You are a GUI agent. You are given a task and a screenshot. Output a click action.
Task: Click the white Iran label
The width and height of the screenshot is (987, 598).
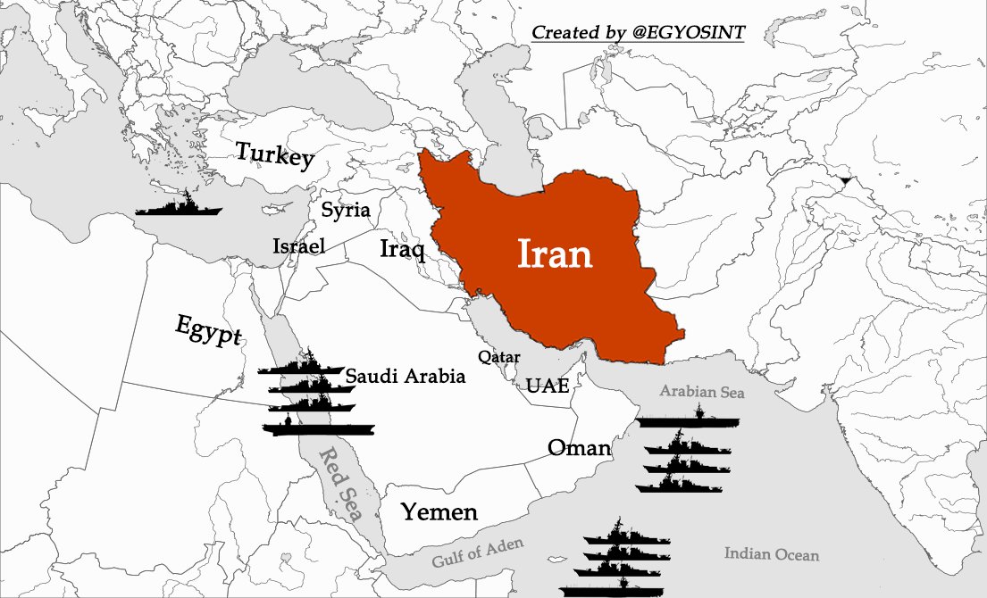[x=555, y=254]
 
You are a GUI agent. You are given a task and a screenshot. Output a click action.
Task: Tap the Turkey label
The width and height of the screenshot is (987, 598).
[x=274, y=154]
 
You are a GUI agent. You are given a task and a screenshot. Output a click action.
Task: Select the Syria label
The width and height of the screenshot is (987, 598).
[x=345, y=212]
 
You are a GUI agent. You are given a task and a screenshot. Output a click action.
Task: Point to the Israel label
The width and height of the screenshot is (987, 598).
[x=298, y=246]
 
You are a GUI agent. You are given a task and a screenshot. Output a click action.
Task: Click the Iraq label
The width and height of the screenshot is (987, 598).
[x=402, y=249]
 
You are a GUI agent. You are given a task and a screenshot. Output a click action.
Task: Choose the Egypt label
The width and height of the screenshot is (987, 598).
[x=208, y=329]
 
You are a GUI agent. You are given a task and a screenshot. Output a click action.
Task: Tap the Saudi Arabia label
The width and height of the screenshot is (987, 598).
[x=406, y=377]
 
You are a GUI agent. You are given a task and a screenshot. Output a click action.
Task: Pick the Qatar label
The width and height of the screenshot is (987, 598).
[x=499, y=357]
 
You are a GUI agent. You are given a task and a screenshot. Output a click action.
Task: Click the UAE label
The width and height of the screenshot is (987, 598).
[x=548, y=386]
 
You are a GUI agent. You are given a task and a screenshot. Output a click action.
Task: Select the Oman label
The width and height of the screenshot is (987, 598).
[x=579, y=447]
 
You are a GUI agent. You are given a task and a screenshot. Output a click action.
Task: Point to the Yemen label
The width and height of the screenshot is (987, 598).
[x=439, y=512]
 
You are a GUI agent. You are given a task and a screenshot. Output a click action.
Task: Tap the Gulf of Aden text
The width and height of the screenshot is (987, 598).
[x=478, y=553]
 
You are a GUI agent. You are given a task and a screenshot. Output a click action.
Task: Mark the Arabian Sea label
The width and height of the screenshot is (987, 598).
[x=701, y=391]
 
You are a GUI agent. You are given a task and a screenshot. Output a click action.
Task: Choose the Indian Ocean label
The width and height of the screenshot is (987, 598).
[x=771, y=554]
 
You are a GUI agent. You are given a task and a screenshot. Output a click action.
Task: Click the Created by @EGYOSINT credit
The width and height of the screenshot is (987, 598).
[x=638, y=33]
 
